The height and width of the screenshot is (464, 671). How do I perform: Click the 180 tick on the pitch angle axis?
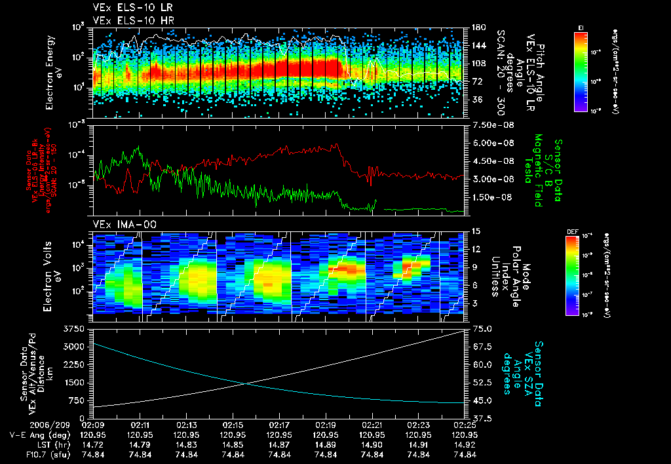tap(476, 28)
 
